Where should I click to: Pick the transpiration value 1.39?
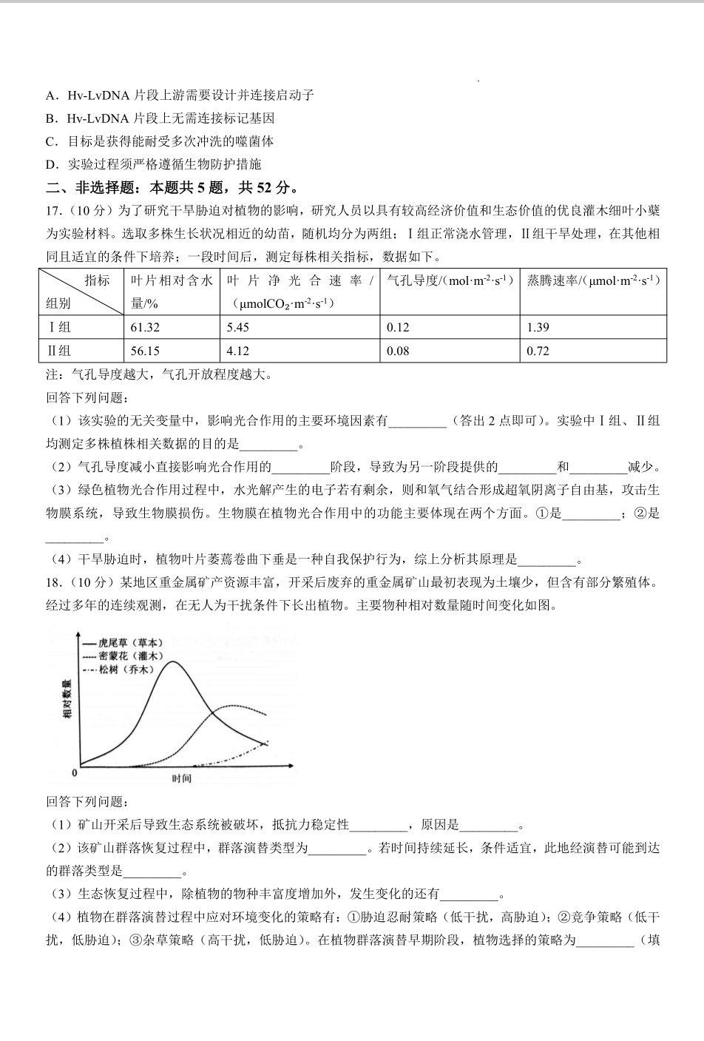(538, 327)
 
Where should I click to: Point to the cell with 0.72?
(538, 351)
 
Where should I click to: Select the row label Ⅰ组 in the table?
(59, 327)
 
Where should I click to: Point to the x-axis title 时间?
(181, 778)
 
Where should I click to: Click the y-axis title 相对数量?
(67, 699)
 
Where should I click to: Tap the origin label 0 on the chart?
(74, 773)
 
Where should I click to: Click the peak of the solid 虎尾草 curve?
(173, 661)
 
